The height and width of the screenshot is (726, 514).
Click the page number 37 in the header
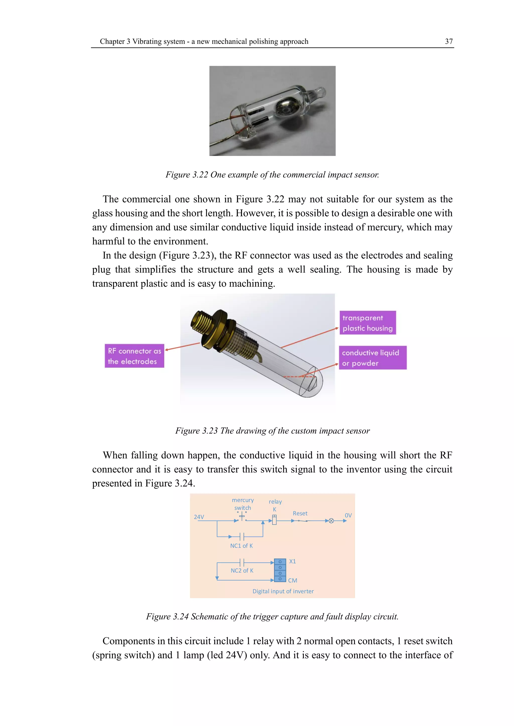(x=448, y=41)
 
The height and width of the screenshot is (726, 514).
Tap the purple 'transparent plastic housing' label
(x=367, y=323)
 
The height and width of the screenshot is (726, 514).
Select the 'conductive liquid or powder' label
(x=372, y=358)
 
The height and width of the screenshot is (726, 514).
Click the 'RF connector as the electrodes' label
(x=134, y=356)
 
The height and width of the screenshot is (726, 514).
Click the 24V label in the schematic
(x=199, y=517)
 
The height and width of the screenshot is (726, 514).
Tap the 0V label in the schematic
(x=348, y=515)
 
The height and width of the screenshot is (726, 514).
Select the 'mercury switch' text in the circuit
(x=243, y=504)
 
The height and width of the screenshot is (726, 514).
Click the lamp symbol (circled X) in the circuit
(x=331, y=521)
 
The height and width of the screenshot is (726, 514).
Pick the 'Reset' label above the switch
(x=300, y=513)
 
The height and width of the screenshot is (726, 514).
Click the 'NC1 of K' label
(x=241, y=546)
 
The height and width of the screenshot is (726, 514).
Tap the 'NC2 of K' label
(x=242, y=570)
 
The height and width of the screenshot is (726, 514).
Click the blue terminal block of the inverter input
(x=280, y=570)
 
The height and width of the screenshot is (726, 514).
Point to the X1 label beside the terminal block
(x=292, y=562)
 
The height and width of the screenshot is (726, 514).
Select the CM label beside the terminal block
(x=292, y=581)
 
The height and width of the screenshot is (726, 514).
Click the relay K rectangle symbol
(x=274, y=520)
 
